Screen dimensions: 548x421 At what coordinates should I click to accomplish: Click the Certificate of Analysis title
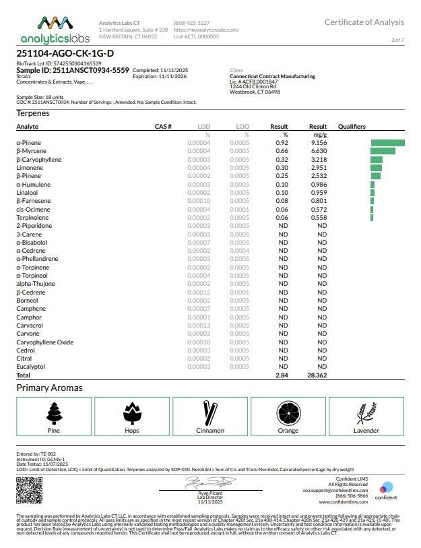click(x=364, y=22)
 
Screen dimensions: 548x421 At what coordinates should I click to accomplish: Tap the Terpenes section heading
click(x=33, y=113)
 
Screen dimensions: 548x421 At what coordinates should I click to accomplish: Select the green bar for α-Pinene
click(x=387, y=143)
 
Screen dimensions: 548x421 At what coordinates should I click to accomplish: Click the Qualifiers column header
click(x=352, y=127)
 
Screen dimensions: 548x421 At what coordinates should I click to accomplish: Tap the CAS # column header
click(x=163, y=127)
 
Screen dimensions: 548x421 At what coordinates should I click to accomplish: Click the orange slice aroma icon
click(x=288, y=413)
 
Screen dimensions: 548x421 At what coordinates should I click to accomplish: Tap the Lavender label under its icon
click(x=366, y=430)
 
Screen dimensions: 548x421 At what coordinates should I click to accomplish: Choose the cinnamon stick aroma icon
click(x=210, y=413)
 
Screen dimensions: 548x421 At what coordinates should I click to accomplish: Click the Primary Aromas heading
click(x=49, y=388)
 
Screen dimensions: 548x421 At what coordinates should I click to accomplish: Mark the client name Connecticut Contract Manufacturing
click(x=272, y=76)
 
